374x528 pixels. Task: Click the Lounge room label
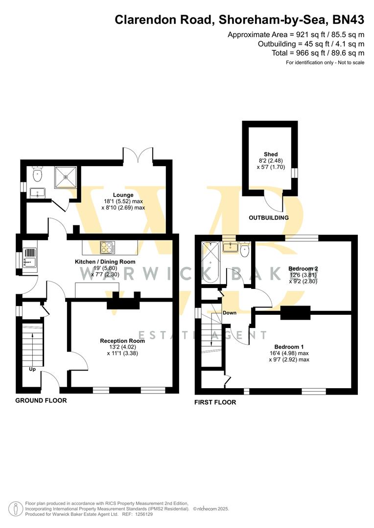point(123,195)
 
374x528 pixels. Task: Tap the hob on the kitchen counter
point(108,247)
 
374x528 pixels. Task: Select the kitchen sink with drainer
point(30,257)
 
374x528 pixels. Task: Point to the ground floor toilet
point(37,173)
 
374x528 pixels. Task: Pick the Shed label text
point(271,154)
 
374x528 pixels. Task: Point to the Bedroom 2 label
point(303,269)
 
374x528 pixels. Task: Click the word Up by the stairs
point(32,370)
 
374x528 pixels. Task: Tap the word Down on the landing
point(230,313)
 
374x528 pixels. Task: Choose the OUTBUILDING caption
point(269,218)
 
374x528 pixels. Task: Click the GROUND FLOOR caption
point(41,400)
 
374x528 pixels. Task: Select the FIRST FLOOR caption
point(215,402)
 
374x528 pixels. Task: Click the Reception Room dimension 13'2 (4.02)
point(122,347)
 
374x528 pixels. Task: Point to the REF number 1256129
point(143,514)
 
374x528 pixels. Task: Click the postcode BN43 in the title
point(349,20)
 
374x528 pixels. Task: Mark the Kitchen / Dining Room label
point(105,262)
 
